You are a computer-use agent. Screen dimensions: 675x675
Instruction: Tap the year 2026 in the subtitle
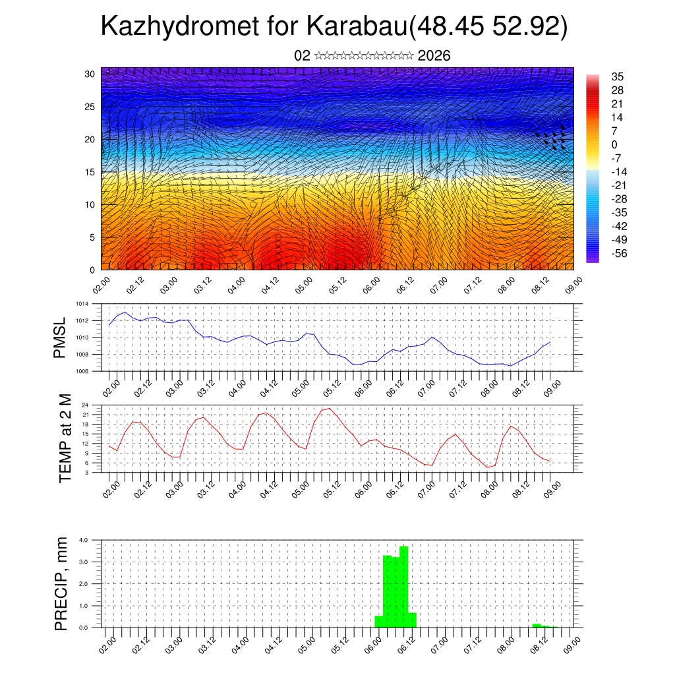[434, 56]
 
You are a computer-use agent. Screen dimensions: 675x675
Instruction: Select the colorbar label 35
[618, 76]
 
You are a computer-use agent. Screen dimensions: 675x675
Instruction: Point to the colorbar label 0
[614, 144]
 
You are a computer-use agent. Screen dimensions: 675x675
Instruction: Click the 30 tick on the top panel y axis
[90, 74]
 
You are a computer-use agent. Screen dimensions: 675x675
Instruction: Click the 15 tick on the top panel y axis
[90, 172]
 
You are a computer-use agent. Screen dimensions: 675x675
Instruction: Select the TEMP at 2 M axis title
[65, 438]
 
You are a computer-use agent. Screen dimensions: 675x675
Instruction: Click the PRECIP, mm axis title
[61, 583]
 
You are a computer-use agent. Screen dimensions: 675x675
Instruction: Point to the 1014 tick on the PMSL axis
[82, 305]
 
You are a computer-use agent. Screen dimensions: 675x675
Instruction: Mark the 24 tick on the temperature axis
[86, 405]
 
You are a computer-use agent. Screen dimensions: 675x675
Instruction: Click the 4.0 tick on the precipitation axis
[84, 540]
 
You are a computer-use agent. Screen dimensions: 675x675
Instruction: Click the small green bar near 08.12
[537, 625]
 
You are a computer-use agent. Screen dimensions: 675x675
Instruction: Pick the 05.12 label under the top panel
[338, 287]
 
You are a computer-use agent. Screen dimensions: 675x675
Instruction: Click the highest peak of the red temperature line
[330, 408]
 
